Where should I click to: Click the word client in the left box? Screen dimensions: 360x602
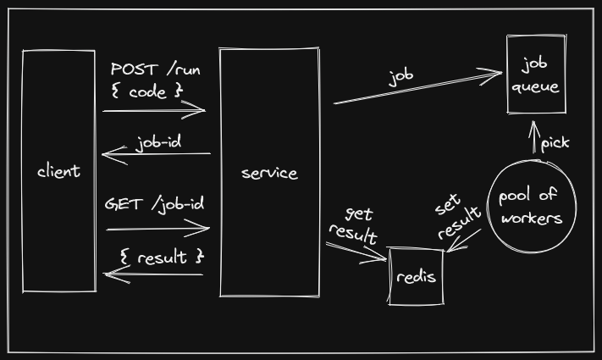pyautogui.click(x=58, y=171)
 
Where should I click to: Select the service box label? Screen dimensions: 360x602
pyautogui.click(x=269, y=173)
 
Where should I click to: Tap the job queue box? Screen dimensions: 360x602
pyautogui.click(x=536, y=75)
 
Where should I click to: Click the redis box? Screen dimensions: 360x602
pyautogui.click(x=416, y=276)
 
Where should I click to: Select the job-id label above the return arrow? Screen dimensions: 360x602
pyautogui.click(x=158, y=141)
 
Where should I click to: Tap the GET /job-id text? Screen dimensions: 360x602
pyautogui.click(x=154, y=204)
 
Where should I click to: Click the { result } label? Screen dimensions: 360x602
pyautogui.click(x=162, y=256)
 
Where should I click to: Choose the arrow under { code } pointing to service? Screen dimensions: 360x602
pyautogui.click(x=155, y=110)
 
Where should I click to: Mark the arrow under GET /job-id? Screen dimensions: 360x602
pyautogui.click(x=157, y=227)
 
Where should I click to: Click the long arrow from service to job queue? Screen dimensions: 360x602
pyautogui.click(x=417, y=88)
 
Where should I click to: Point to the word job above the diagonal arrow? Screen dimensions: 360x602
pyautogui.click(x=400, y=77)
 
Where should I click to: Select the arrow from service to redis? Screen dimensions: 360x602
pyautogui.click(x=356, y=252)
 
